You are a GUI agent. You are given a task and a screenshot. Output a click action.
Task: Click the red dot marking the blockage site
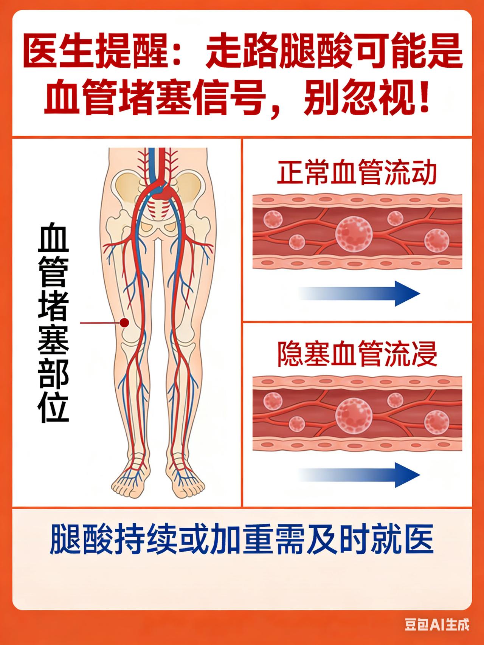(124, 322)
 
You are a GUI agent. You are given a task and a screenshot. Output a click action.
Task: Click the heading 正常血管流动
(357, 173)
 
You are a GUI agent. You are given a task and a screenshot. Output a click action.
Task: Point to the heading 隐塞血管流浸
(357, 354)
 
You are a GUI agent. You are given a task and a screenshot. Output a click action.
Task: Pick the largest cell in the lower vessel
(354, 416)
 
